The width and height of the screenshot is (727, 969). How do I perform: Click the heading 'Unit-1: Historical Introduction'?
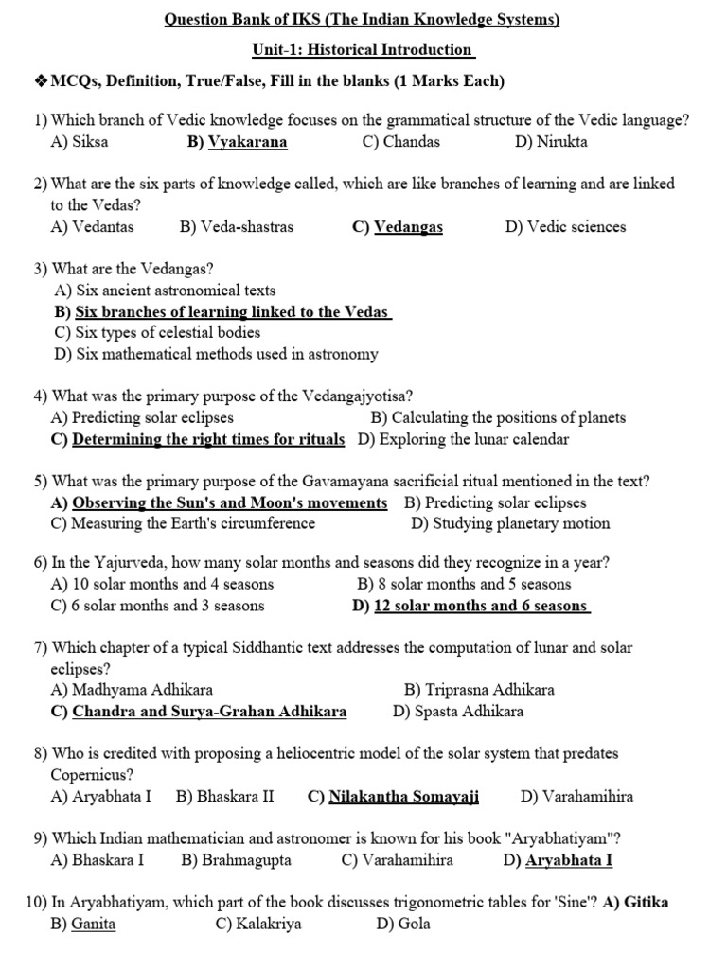[363, 49]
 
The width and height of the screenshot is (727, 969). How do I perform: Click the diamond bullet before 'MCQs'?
[41, 81]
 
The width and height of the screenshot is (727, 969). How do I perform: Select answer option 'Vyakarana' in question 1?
[247, 142]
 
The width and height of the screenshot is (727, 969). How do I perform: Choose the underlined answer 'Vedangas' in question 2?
[408, 227]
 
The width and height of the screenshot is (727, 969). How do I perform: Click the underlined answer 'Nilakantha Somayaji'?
[403, 797]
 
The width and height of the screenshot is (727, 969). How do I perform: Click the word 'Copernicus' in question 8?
[91, 775]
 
